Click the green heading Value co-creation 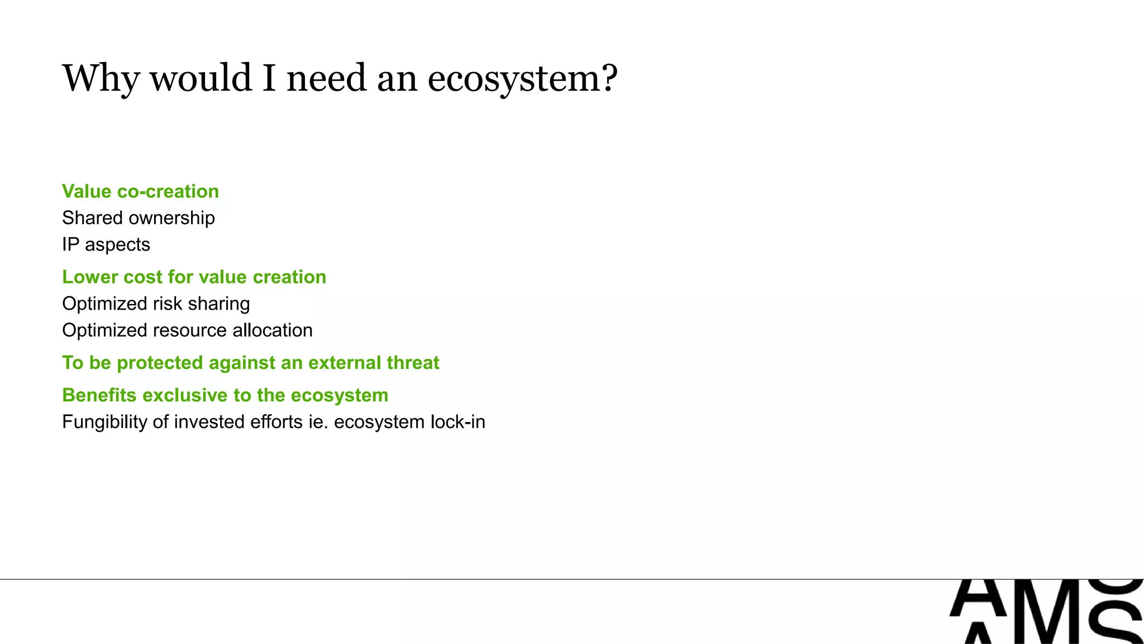(140, 191)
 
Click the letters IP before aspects (70, 244)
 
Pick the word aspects (117, 245)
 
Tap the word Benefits (99, 395)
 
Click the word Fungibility (104, 422)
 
